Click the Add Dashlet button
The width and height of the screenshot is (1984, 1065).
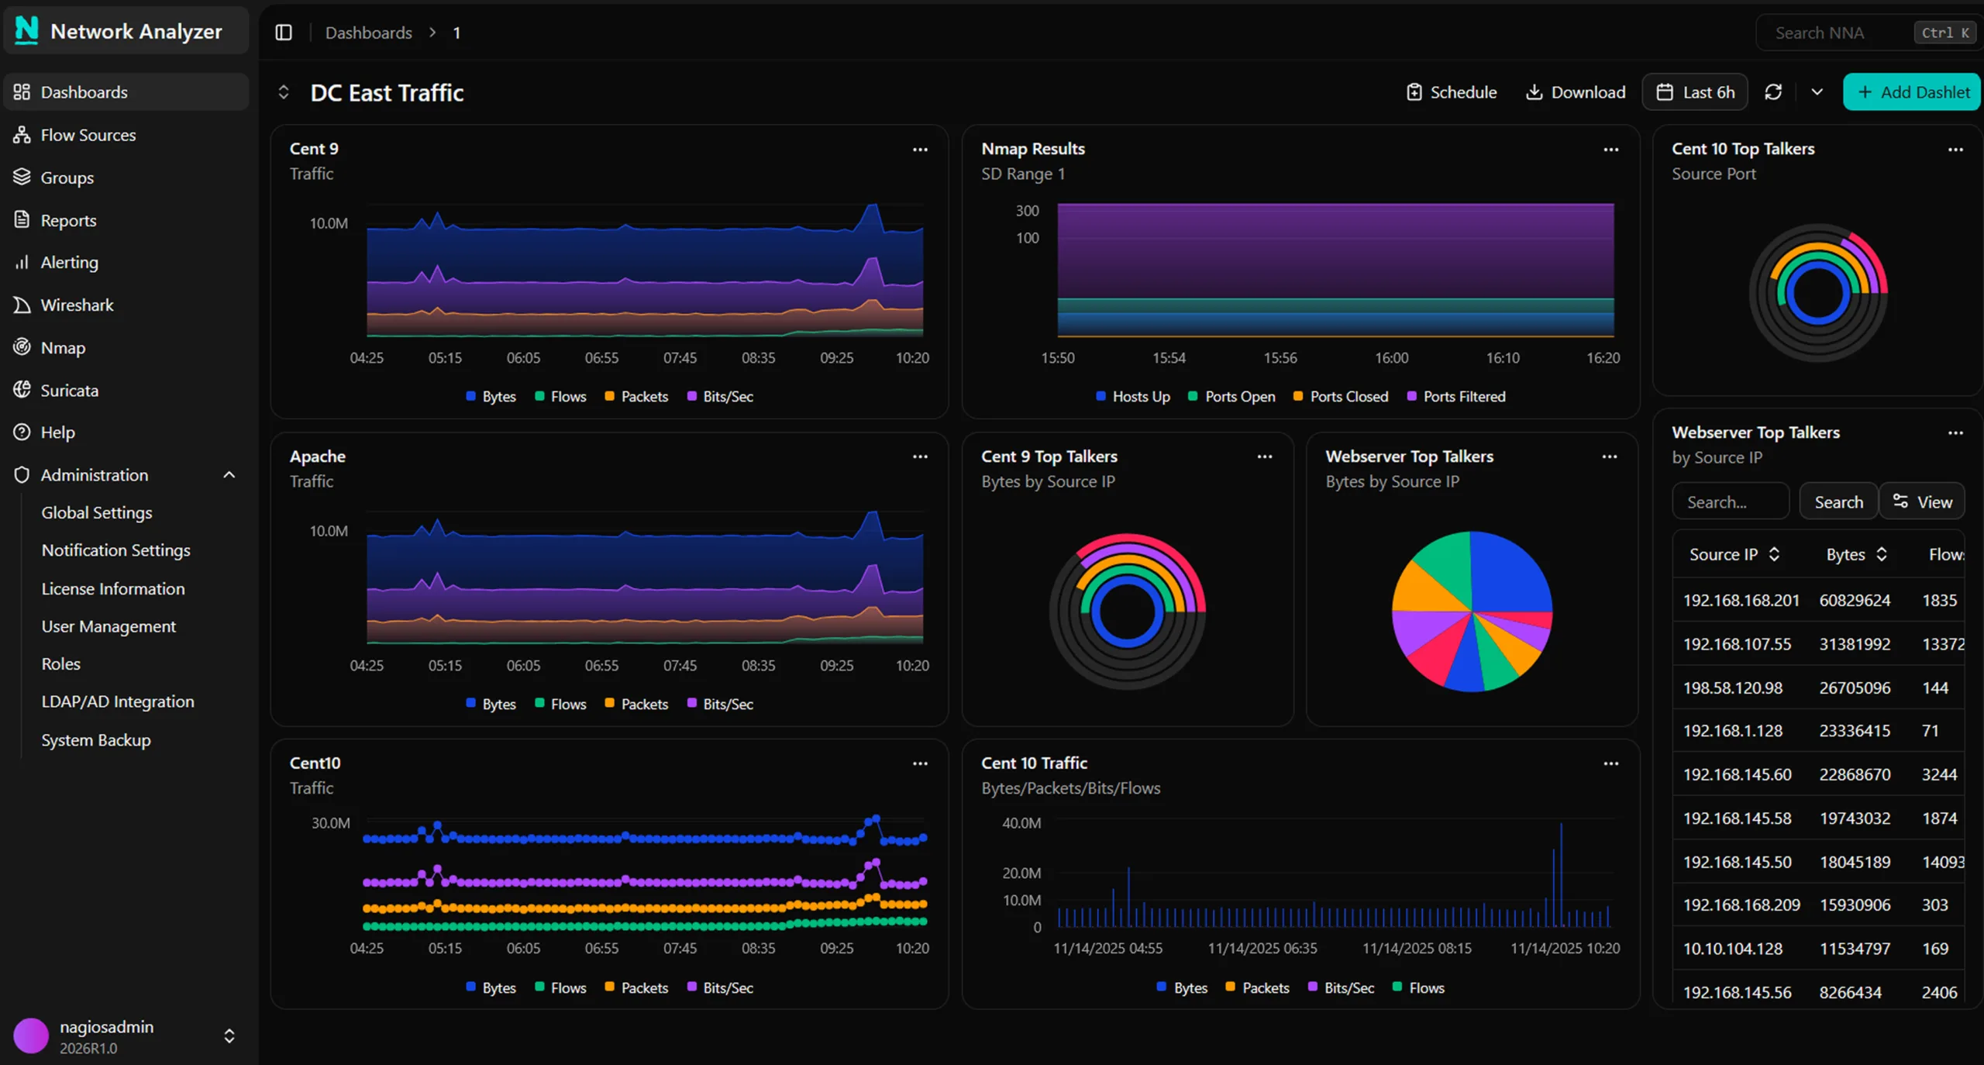coord(1912,92)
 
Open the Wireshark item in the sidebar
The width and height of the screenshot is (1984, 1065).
coord(77,305)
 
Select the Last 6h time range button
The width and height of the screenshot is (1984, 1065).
coord(1695,92)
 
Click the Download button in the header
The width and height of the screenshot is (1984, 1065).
coord(1576,92)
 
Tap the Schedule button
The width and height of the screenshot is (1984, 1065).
coord(1452,92)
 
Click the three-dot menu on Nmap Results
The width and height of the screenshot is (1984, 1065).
coord(1610,150)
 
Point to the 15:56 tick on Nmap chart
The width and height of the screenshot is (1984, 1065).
coord(1280,358)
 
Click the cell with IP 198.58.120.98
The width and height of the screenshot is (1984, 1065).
coord(1733,688)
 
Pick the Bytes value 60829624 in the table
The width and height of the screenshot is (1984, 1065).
coord(1855,600)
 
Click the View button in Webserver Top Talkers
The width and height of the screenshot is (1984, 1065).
coord(1922,502)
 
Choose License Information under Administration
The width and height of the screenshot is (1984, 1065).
coord(113,589)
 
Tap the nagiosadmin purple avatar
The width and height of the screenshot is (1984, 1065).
coord(31,1036)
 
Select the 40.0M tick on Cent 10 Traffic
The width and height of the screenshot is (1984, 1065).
coord(1021,823)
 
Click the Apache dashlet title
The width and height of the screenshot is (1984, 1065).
coord(318,457)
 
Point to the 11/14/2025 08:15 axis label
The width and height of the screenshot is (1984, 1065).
coord(1417,948)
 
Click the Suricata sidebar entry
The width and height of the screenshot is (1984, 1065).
coord(69,391)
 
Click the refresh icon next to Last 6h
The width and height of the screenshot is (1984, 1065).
coord(1773,92)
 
